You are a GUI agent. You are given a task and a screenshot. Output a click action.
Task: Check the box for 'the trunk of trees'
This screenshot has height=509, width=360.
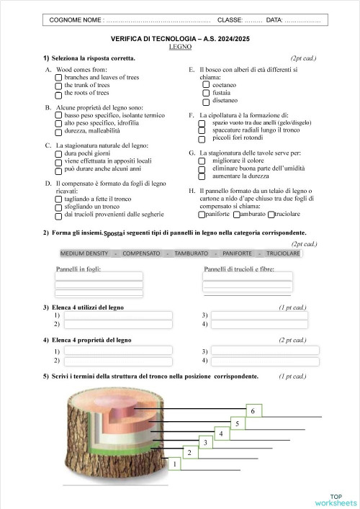tap(58, 85)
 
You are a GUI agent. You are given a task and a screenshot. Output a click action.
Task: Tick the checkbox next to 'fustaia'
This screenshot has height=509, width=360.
tap(206, 92)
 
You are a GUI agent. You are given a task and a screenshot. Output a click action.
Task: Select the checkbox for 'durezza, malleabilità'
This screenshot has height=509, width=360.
tap(58, 132)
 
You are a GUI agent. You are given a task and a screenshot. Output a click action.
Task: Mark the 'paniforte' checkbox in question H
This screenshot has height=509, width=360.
tap(202, 215)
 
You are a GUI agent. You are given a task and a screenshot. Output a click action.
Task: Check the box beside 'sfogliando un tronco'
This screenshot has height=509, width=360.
tap(58, 207)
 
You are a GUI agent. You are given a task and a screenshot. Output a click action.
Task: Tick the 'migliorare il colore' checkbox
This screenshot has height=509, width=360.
tap(202, 161)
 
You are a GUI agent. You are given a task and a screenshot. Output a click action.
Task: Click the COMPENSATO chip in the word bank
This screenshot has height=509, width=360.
tap(141, 253)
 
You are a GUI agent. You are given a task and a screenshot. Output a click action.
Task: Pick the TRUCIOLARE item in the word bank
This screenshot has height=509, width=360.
tap(283, 253)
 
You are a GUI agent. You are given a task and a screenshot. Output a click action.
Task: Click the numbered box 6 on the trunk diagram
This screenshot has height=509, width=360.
tap(252, 410)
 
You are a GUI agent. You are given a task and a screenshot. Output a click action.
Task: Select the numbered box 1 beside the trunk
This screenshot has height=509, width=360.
tap(174, 465)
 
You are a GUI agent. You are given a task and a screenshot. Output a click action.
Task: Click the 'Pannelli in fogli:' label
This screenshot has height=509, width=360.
tap(78, 269)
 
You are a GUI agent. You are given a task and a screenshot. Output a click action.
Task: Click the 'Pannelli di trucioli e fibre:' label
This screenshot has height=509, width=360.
tap(238, 269)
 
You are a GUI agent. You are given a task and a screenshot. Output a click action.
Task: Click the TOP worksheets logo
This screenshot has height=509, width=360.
tap(335, 500)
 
